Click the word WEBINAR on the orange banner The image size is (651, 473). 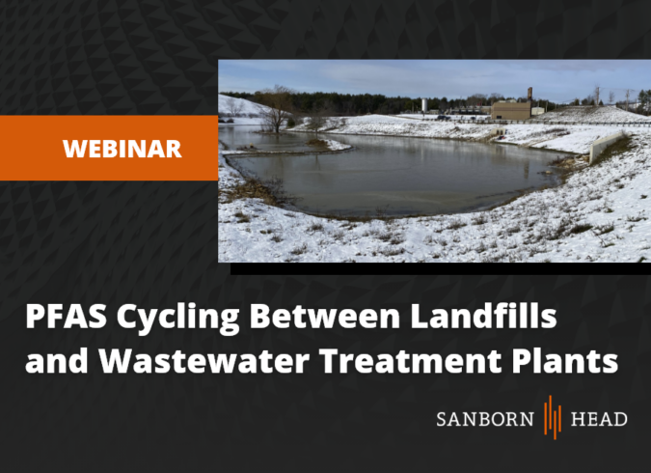(122, 149)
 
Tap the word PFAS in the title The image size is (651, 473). (66, 317)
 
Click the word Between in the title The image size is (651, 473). (325, 316)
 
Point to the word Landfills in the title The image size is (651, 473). (484, 316)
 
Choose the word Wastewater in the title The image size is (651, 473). (204, 360)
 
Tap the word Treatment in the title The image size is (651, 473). (411, 360)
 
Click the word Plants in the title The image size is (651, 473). (565, 360)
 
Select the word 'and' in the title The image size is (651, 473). (57, 360)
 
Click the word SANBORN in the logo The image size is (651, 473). (485, 419)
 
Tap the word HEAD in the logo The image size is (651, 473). (599, 419)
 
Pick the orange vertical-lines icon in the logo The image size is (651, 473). (553, 417)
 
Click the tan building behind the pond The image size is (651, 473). (511, 110)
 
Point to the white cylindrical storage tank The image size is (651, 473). (424, 105)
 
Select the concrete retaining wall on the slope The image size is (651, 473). (606, 146)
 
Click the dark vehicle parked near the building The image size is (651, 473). (444, 118)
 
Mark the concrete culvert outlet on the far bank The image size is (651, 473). (498, 132)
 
